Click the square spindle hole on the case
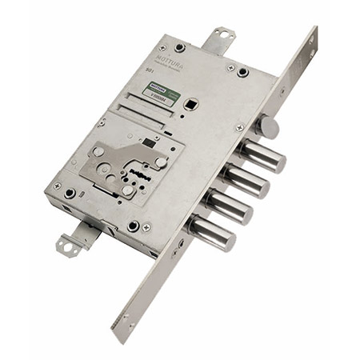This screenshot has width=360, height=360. click(193, 103)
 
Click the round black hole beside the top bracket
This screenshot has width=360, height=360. click(242, 72)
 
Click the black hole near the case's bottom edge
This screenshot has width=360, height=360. click(133, 226)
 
